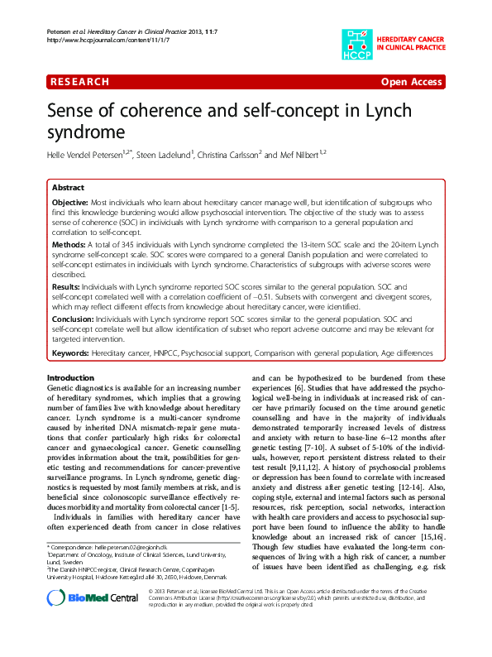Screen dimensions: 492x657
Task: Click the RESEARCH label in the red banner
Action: [x=80, y=82]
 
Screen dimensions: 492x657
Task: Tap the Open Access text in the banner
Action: [x=412, y=82]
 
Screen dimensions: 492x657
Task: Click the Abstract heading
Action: [x=68, y=188]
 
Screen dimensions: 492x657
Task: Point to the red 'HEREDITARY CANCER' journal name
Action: [x=412, y=39]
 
